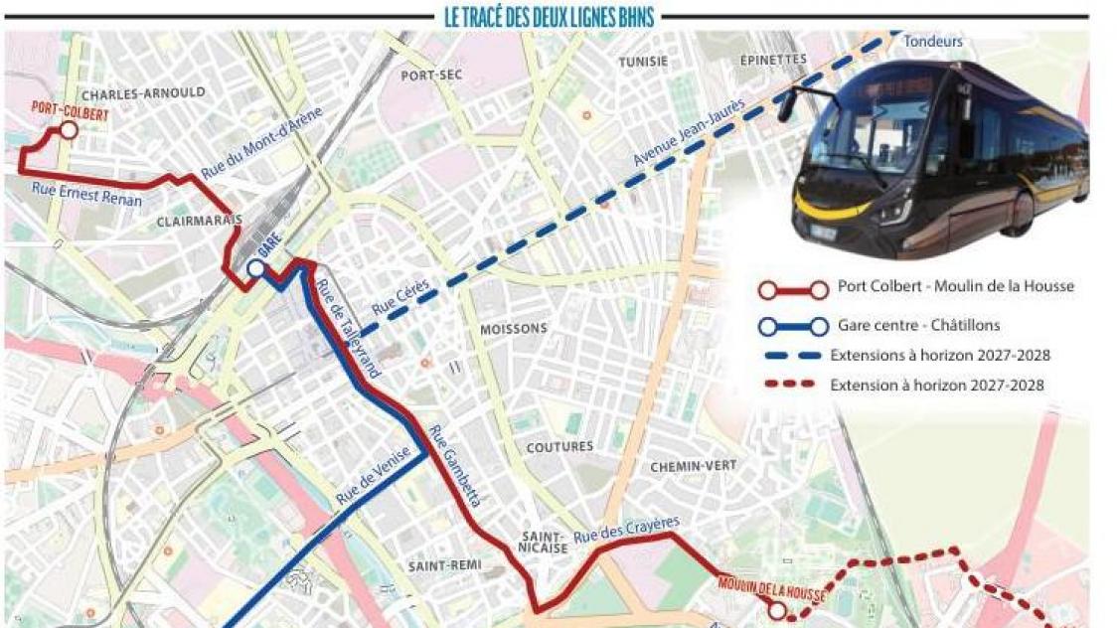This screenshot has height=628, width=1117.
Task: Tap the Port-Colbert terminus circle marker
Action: click(x=68, y=129)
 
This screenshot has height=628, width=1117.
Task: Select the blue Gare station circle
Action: click(x=255, y=267)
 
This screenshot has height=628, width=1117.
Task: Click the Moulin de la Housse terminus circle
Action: click(x=776, y=611)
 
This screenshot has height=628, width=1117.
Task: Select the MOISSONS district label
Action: click(x=514, y=328)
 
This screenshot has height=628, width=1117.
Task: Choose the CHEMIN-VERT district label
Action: click(x=692, y=465)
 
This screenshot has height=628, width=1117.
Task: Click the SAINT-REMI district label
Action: click(x=444, y=565)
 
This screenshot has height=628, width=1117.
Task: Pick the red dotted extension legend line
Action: click(x=787, y=385)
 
